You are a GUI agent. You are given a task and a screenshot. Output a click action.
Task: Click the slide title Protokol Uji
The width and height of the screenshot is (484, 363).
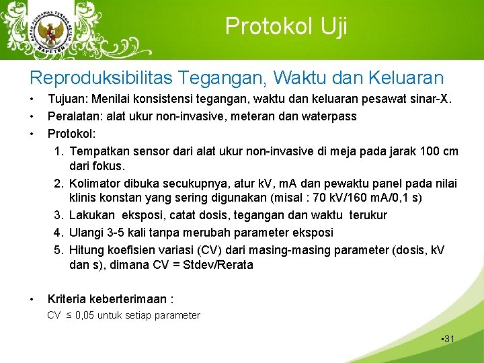(286, 26)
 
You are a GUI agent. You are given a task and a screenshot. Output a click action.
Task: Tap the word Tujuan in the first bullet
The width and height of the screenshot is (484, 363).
(67, 99)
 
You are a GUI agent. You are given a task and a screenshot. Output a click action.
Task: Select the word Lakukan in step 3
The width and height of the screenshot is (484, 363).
(92, 215)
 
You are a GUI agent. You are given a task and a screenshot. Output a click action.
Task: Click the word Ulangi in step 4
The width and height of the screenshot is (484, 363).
(87, 232)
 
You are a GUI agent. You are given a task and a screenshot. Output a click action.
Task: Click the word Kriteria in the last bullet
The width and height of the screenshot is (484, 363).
(67, 298)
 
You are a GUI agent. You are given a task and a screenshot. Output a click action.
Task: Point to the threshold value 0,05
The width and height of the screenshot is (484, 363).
(85, 315)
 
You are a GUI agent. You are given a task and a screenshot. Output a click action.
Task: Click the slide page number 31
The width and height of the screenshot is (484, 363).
(448, 339)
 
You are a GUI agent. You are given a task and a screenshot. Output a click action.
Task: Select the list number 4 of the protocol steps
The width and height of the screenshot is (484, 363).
(58, 232)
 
